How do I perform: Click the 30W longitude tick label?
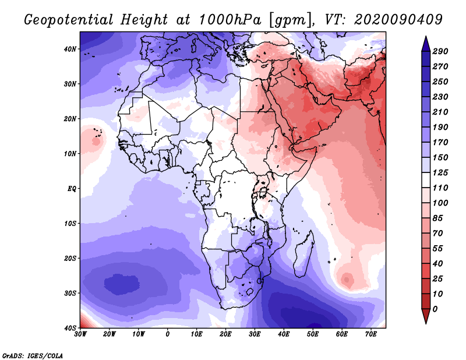[x=80, y=334]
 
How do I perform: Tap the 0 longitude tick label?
[x=168, y=334]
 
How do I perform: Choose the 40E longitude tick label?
[x=284, y=334]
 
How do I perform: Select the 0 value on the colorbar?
[x=442, y=308]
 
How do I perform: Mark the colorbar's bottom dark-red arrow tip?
[x=426, y=321]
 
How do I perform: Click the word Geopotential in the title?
[x=69, y=19]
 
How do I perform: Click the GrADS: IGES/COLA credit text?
[x=33, y=355]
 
